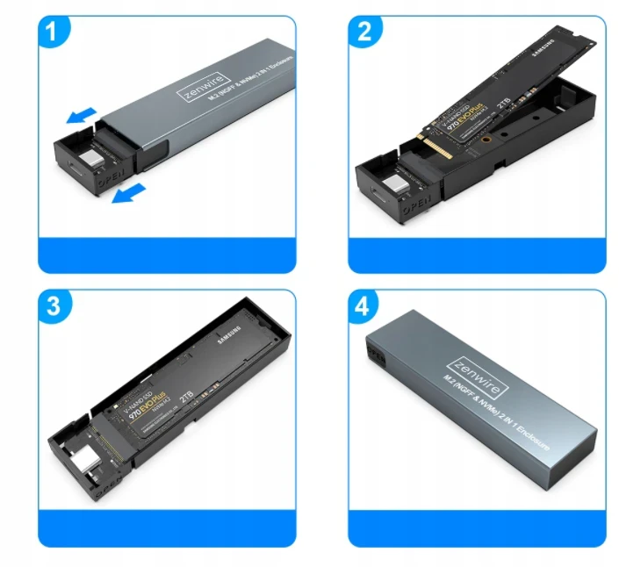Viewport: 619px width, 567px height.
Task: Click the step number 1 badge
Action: (55, 32)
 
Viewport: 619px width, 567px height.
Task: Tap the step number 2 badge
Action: (366, 32)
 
